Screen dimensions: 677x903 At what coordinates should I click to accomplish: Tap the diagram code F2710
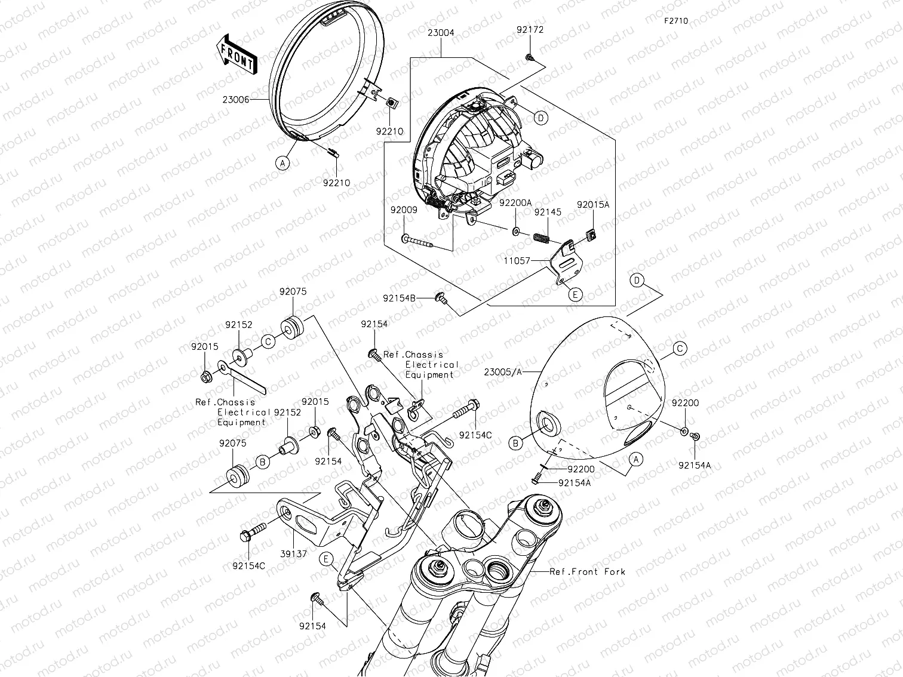click(675, 21)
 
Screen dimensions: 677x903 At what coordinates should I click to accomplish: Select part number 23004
click(441, 33)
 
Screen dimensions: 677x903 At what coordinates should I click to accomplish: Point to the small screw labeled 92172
click(529, 57)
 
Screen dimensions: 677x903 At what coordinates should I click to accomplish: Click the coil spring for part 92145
click(540, 237)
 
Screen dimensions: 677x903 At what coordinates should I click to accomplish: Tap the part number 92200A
click(515, 203)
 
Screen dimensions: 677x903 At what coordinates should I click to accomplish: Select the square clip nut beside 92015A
click(591, 235)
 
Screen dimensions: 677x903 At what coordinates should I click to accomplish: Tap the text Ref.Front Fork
click(588, 571)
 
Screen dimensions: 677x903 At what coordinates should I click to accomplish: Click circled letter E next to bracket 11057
click(575, 294)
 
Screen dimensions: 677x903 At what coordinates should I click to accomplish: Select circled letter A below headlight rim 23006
click(282, 162)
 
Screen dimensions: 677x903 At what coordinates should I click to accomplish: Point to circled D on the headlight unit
click(540, 118)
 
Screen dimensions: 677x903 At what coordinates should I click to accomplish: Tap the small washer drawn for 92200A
click(515, 230)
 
